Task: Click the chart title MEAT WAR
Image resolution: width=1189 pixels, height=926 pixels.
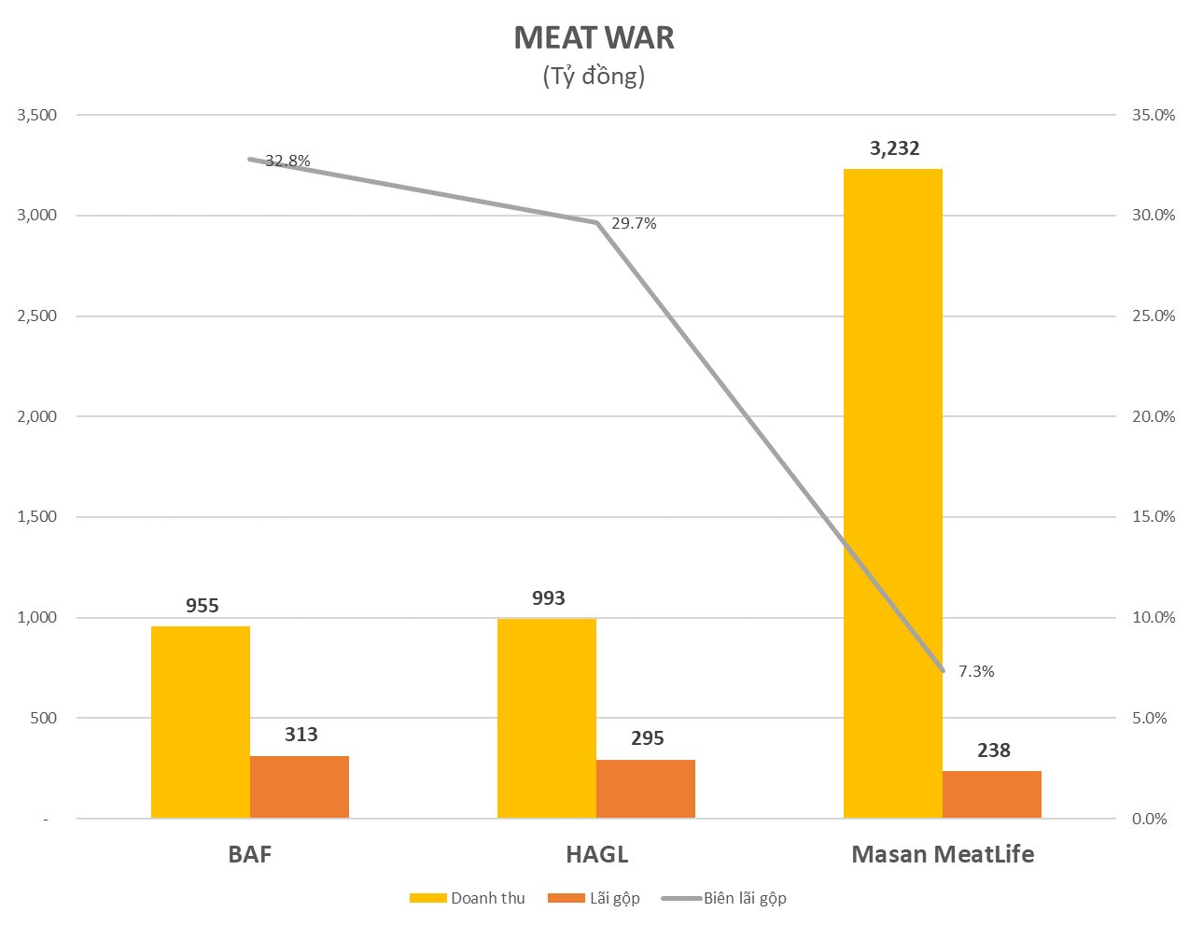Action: pyautogui.click(x=594, y=38)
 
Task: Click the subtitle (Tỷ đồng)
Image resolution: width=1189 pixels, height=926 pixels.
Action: pyautogui.click(x=594, y=76)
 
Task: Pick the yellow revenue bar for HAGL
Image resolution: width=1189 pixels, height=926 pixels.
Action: pyautogui.click(x=547, y=718)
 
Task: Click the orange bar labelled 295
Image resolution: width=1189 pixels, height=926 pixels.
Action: pyautogui.click(x=646, y=789)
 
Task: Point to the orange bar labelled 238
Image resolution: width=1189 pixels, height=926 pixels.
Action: pyautogui.click(x=992, y=794)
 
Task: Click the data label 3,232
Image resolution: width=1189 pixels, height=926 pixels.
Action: pyautogui.click(x=894, y=148)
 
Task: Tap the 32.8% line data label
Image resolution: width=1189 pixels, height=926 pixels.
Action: pyautogui.click(x=287, y=161)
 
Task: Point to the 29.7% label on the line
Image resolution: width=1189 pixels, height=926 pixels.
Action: pyautogui.click(x=634, y=224)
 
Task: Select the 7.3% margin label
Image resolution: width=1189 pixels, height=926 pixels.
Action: pyautogui.click(x=976, y=671)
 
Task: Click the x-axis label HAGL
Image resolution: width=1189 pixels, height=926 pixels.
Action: pyautogui.click(x=596, y=854)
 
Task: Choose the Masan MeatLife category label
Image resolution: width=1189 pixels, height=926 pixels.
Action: pyautogui.click(x=943, y=854)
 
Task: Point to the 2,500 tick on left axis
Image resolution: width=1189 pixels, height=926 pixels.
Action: pyautogui.click(x=37, y=316)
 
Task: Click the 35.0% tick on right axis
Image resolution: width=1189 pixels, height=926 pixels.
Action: pyautogui.click(x=1154, y=115)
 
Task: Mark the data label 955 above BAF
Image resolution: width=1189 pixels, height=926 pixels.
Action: pyautogui.click(x=203, y=606)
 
